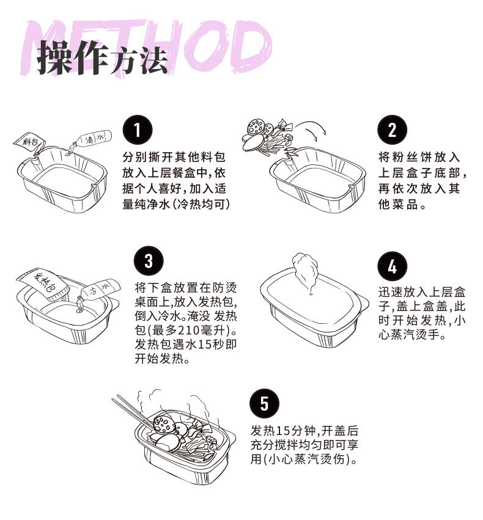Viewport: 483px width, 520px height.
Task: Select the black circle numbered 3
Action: coord(149,262)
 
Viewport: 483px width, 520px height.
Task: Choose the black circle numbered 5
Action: coord(264,403)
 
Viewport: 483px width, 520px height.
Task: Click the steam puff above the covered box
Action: coord(305,269)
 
